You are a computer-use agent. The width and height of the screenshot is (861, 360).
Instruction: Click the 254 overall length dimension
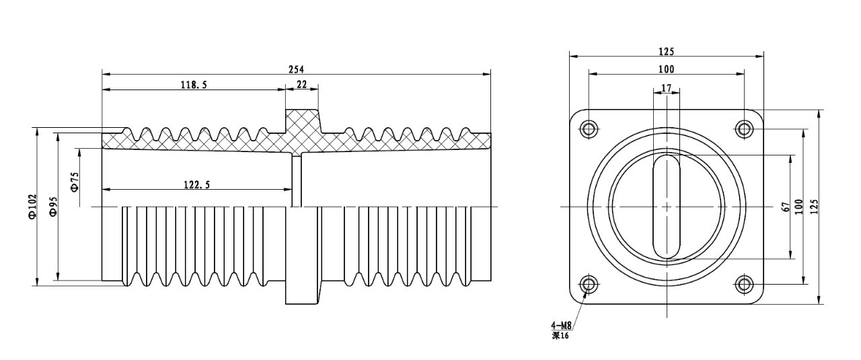[296, 69]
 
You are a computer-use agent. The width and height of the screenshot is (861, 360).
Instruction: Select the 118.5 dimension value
[194, 85]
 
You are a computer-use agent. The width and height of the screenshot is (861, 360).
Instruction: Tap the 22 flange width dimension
[302, 84]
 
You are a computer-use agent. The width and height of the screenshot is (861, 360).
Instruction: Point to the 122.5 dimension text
[197, 185]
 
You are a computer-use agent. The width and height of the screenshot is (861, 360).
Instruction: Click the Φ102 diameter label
[32, 206]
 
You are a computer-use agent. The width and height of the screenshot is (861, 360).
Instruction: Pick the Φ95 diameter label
[53, 207]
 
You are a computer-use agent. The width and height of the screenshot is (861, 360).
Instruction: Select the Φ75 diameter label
[75, 182]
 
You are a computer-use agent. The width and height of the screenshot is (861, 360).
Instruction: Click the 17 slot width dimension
[666, 88]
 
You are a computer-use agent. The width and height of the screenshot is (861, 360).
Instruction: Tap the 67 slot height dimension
[786, 207]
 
